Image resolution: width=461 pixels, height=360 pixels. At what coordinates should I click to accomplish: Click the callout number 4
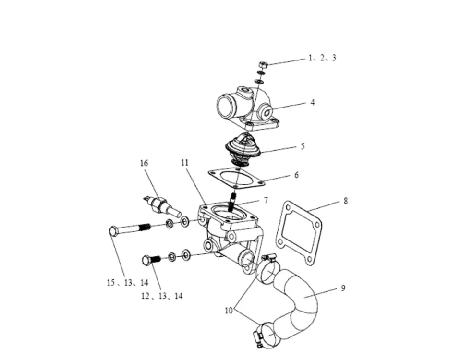312,102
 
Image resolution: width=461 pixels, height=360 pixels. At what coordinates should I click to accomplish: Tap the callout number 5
303,146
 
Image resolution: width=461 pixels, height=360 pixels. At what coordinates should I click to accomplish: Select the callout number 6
296,175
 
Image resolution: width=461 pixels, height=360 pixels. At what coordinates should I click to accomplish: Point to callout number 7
279,199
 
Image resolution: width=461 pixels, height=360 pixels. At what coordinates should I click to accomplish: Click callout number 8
345,201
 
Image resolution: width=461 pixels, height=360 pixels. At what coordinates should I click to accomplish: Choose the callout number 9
343,288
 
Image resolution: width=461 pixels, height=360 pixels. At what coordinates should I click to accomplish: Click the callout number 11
185,163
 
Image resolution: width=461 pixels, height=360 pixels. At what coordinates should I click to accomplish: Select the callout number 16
144,163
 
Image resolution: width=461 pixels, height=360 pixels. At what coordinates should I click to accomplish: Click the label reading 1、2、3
322,58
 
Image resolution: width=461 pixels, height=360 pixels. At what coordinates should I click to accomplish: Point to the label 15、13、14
127,283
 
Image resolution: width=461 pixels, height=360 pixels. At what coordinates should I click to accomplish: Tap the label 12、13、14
162,296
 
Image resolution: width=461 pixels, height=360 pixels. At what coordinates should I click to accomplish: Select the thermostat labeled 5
243,146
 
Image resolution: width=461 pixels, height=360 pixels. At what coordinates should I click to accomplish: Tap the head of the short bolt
147,260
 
